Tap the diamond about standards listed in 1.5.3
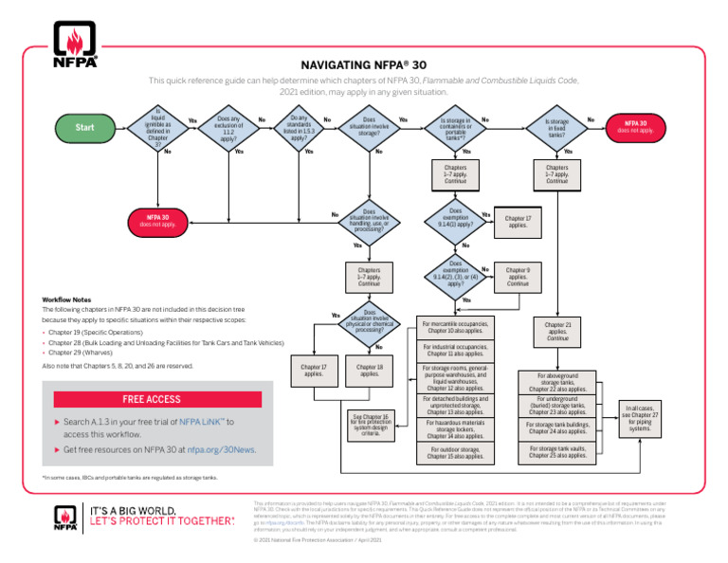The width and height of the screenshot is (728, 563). click(298, 127)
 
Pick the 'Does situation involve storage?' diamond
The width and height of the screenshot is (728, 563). click(368, 128)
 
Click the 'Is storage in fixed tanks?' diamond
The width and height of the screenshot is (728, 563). click(556, 128)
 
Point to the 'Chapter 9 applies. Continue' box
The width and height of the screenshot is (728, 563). click(518, 276)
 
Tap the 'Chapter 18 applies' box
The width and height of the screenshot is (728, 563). click(368, 371)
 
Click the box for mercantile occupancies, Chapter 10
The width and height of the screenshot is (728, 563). click(455, 327)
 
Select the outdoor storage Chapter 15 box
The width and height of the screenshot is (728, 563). click(455, 452)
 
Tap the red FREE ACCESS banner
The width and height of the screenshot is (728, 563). click(152, 398)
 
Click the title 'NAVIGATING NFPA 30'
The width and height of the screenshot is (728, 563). click(364, 65)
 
